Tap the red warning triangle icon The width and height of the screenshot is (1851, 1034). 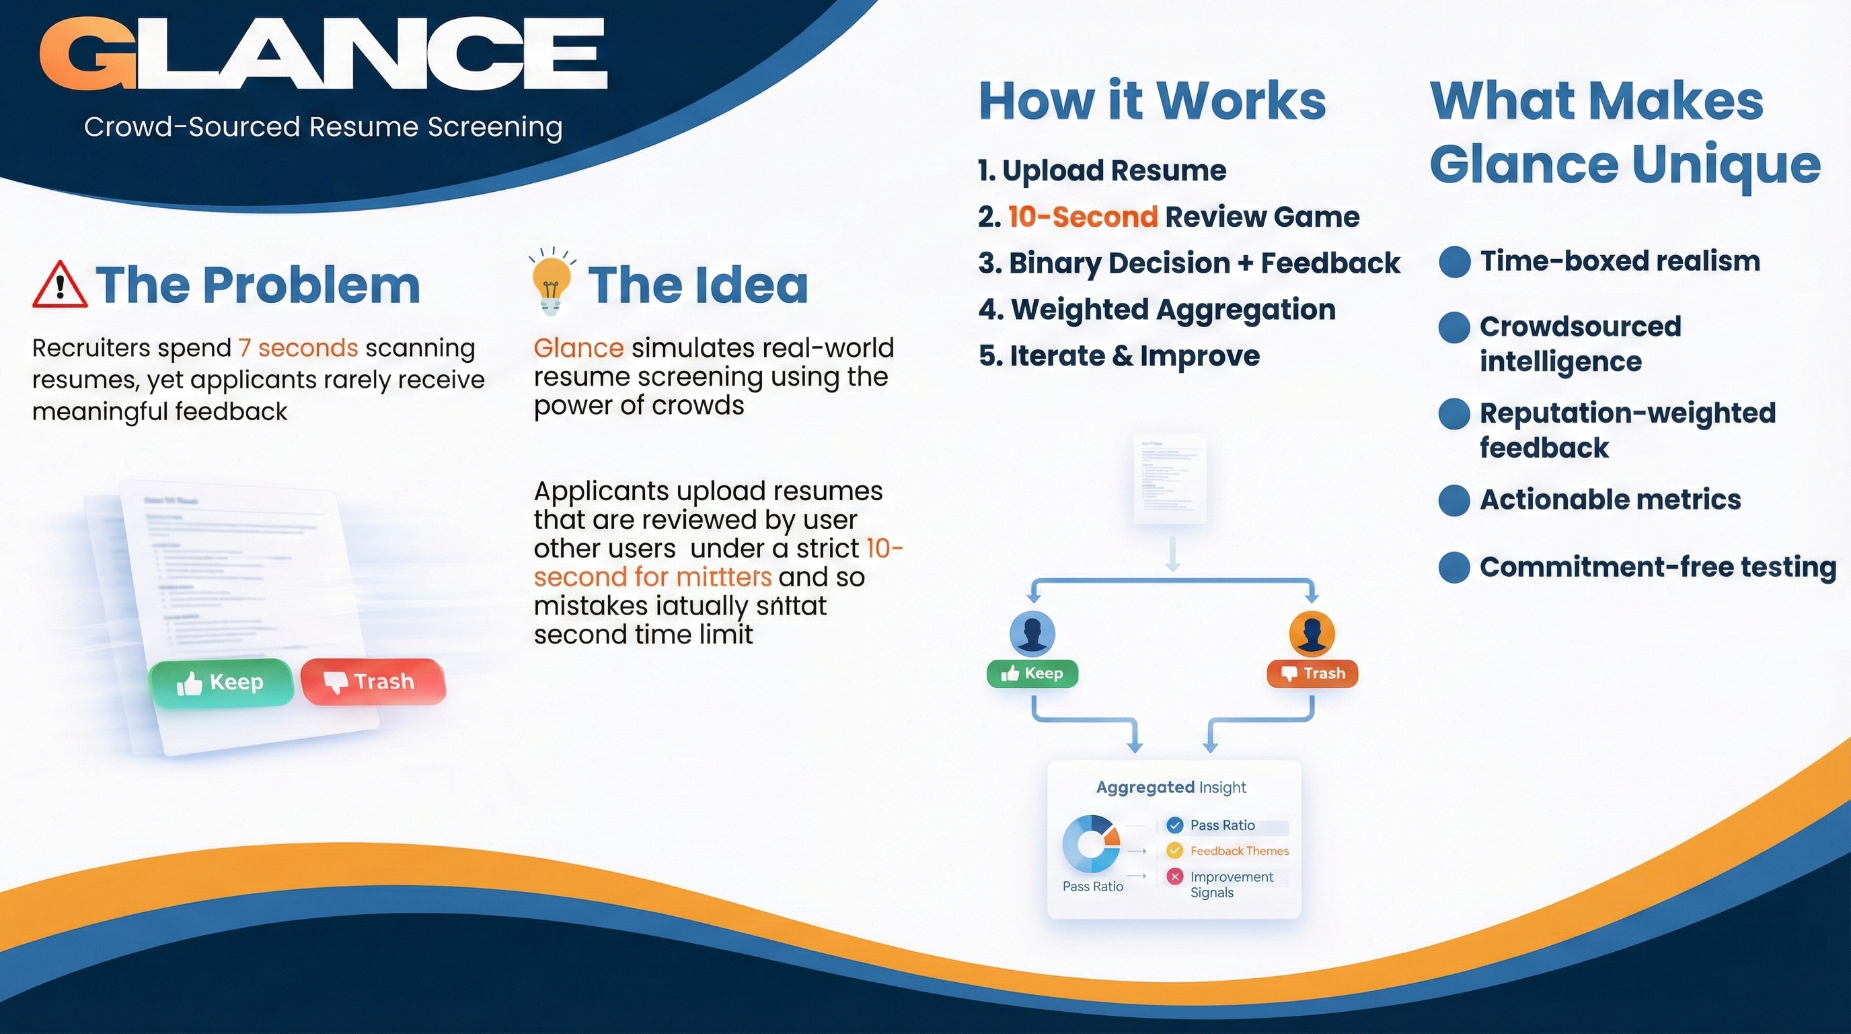click(x=60, y=285)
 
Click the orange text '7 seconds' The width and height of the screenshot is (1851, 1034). click(x=298, y=348)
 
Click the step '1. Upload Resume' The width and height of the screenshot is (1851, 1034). click(x=1102, y=171)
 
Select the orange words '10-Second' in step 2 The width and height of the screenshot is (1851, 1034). click(x=1083, y=217)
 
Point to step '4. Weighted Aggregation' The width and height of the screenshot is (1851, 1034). click(x=1157, y=310)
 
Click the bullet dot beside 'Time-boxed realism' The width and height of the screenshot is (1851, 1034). click(x=1454, y=262)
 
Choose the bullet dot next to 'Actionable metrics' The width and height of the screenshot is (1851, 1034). click(x=1454, y=500)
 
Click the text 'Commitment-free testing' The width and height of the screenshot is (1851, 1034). click(x=1657, y=567)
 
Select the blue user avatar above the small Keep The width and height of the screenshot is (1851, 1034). click(x=1032, y=633)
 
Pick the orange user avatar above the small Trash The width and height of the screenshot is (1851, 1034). click(x=1312, y=633)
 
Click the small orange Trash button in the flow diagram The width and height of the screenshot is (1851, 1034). click(x=1312, y=674)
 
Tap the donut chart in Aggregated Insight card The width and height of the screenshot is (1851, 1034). click(x=1091, y=843)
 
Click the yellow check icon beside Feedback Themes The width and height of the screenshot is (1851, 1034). click(x=1174, y=851)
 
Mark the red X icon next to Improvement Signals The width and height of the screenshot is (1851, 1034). click(x=1174, y=876)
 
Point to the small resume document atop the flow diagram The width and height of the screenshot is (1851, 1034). click(x=1170, y=477)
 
